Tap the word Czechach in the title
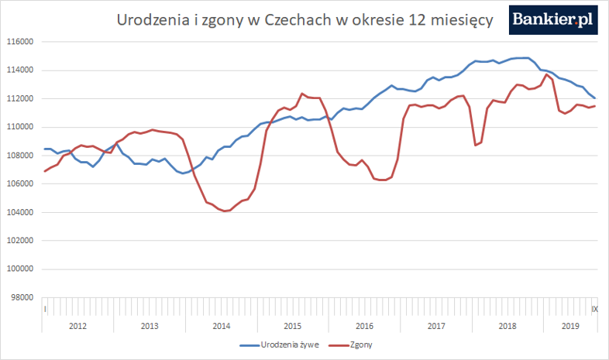click(x=298, y=20)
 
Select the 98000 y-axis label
click(x=21, y=297)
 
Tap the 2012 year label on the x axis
click(x=78, y=326)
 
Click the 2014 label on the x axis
click(x=221, y=326)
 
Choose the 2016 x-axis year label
click(x=364, y=326)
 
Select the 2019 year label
click(x=569, y=326)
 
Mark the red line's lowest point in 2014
click(x=225, y=211)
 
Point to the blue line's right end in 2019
click(x=595, y=98)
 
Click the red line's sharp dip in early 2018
click(x=475, y=145)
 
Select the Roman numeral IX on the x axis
click(x=594, y=309)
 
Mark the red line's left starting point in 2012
click(x=45, y=171)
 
